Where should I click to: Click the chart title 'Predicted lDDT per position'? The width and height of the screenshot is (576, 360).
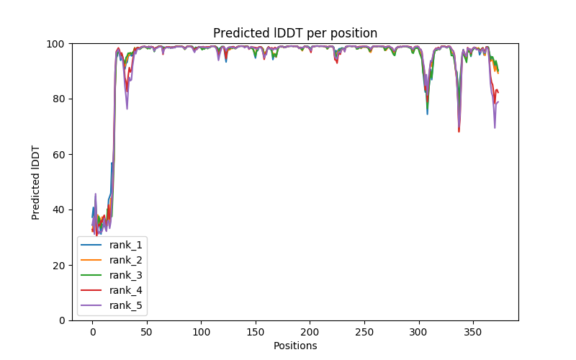[295, 33]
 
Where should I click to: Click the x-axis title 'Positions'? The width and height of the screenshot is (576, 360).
[295, 346]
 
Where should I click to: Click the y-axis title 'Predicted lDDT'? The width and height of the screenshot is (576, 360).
[36, 182]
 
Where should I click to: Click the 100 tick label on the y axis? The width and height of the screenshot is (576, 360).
[56, 44]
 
